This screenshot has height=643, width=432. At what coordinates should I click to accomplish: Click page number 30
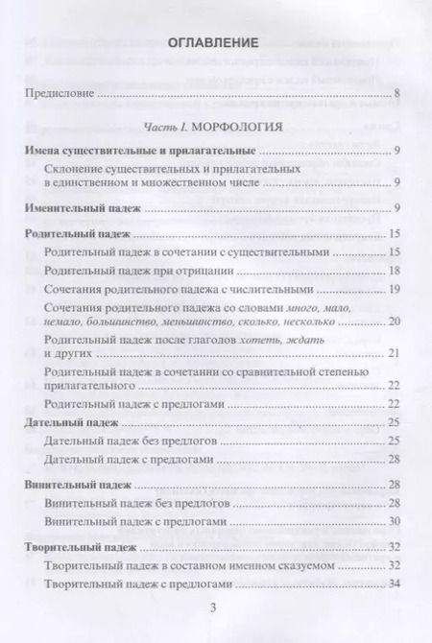click(394, 521)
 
